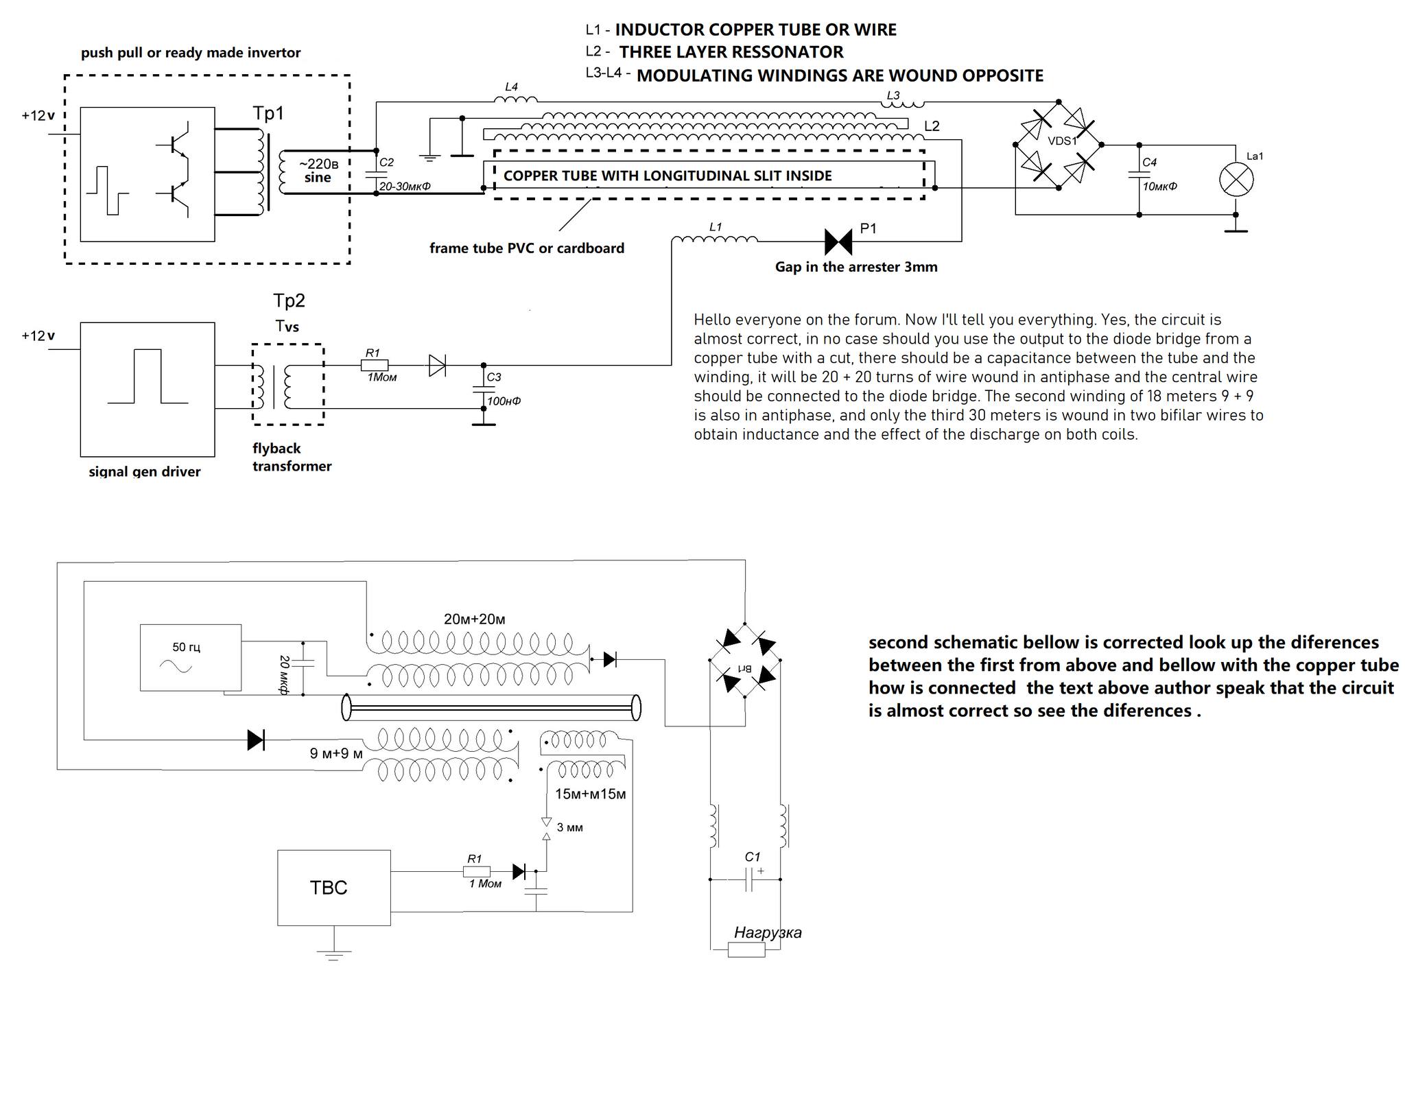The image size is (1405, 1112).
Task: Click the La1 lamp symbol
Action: pyautogui.click(x=1236, y=180)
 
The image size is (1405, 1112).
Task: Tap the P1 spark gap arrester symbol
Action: pyautogui.click(x=838, y=241)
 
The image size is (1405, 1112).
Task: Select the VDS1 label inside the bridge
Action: pyautogui.click(x=1062, y=141)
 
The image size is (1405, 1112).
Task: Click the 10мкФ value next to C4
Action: pyautogui.click(x=1159, y=186)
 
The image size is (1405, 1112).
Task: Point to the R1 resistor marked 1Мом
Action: pyautogui.click(x=375, y=366)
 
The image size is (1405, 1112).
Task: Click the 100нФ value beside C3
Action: pyautogui.click(x=504, y=401)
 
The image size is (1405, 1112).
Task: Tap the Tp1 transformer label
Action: pyautogui.click(x=268, y=113)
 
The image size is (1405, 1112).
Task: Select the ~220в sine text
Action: pyautogui.click(x=318, y=170)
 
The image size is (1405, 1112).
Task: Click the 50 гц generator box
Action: pyautogui.click(x=191, y=657)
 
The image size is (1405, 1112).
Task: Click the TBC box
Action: pyautogui.click(x=334, y=888)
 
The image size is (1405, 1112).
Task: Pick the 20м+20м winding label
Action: pyautogui.click(x=475, y=619)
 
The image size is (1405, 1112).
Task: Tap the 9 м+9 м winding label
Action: pyautogui.click(x=336, y=753)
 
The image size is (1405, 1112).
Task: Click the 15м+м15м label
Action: pyautogui.click(x=591, y=794)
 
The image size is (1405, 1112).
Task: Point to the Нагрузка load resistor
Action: pyautogui.click(x=746, y=949)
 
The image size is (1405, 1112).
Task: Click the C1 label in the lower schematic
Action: pyautogui.click(x=753, y=857)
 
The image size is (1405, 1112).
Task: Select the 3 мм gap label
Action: pyautogui.click(x=570, y=827)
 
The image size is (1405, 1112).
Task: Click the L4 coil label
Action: pyautogui.click(x=511, y=87)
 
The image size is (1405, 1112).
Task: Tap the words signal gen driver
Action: pyautogui.click(x=145, y=471)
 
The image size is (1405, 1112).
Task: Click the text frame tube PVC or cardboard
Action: pyautogui.click(x=527, y=248)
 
